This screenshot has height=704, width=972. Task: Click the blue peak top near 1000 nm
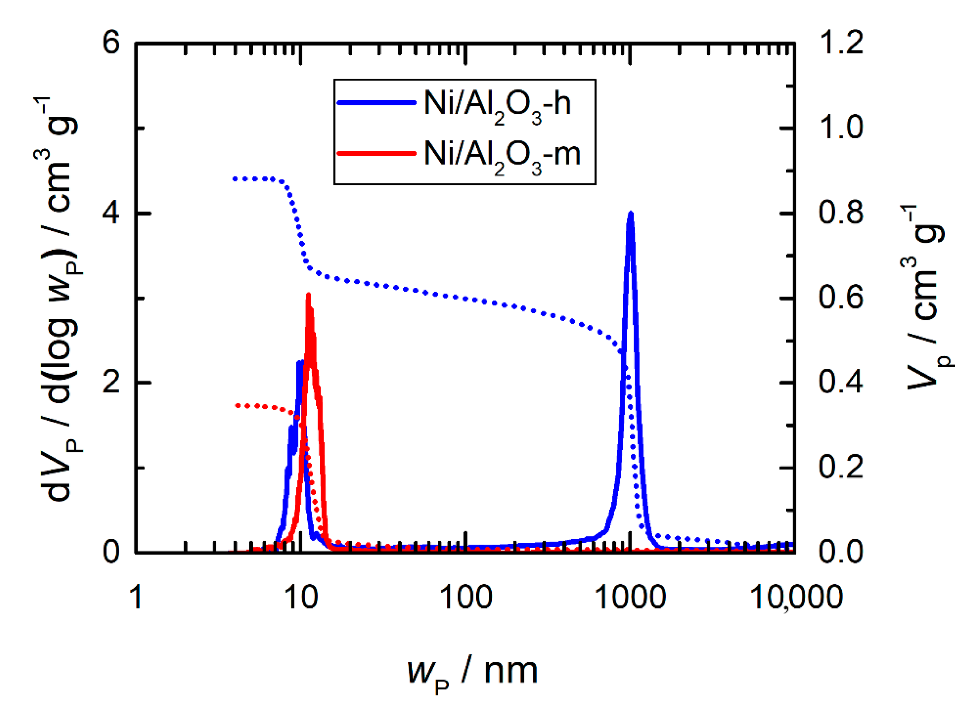tap(630, 214)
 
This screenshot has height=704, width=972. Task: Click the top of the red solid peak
tap(308, 295)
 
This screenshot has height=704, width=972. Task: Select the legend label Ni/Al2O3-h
tap(497, 104)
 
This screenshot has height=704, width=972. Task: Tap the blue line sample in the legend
tap(376, 102)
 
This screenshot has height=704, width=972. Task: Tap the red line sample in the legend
tap(376, 153)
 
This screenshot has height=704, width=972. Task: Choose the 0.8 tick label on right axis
tap(841, 213)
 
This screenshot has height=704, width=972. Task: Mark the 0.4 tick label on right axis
tap(841, 382)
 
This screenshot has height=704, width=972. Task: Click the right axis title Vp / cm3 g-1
tap(926, 296)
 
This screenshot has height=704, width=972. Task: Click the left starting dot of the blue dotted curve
tap(235, 179)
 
